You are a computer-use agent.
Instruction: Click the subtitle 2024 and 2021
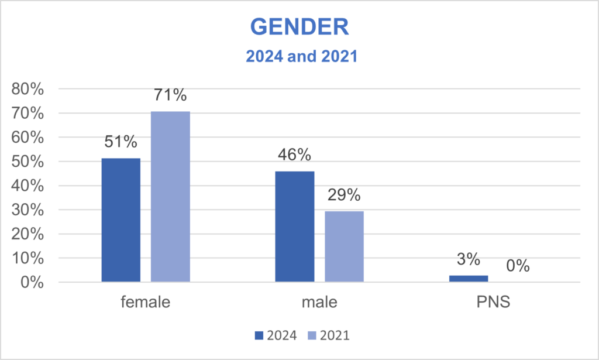tap(299, 58)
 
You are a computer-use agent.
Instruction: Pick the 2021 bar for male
tap(344, 246)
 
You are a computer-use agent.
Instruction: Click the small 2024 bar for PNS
tap(468, 279)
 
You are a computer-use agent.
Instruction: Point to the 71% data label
tap(170, 94)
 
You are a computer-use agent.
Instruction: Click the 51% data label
tap(121, 142)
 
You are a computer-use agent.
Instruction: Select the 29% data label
tap(344, 195)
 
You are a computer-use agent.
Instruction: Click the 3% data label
tap(468, 258)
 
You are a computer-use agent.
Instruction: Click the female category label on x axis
tap(146, 303)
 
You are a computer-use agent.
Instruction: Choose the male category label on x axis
tap(319, 303)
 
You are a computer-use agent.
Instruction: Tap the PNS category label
tap(493, 303)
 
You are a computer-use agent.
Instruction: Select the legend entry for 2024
tap(276, 335)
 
